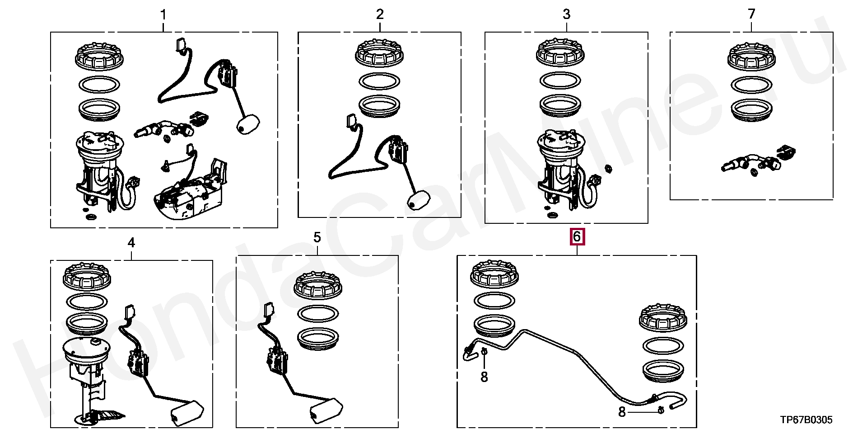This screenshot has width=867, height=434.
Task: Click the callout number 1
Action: (x=163, y=15)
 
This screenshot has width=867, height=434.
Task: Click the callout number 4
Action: (x=131, y=243)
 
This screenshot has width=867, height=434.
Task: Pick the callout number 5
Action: (x=317, y=237)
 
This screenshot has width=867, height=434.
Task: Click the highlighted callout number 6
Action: (x=577, y=236)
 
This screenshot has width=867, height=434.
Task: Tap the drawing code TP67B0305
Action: (x=806, y=420)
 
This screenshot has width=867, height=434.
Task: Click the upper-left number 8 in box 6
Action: (x=484, y=377)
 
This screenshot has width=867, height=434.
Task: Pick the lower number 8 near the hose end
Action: (x=622, y=412)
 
